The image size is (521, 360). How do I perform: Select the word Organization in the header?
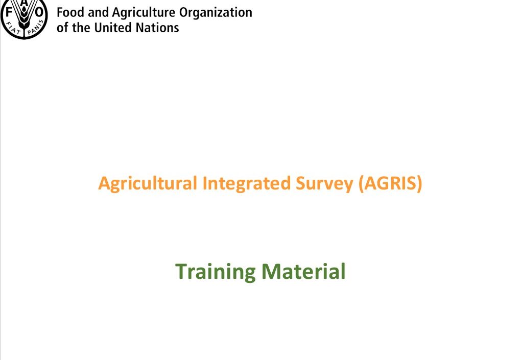click(216, 13)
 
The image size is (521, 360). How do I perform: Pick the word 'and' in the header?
click(99, 13)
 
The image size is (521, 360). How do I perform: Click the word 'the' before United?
click(81, 28)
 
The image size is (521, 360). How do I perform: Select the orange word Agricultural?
click(148, 184)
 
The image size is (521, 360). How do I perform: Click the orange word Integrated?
click(247, 184)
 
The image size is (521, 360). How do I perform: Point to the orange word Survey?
click(324, 184)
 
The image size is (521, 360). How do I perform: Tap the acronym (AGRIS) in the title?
click(390, 183)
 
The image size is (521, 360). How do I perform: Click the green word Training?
click(216, 272)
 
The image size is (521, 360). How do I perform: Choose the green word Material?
click(304, 271)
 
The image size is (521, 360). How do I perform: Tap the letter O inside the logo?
click(39, 13)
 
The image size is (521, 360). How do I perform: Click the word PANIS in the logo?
click(36, 28)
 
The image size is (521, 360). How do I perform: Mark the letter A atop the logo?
click(25, 3)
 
